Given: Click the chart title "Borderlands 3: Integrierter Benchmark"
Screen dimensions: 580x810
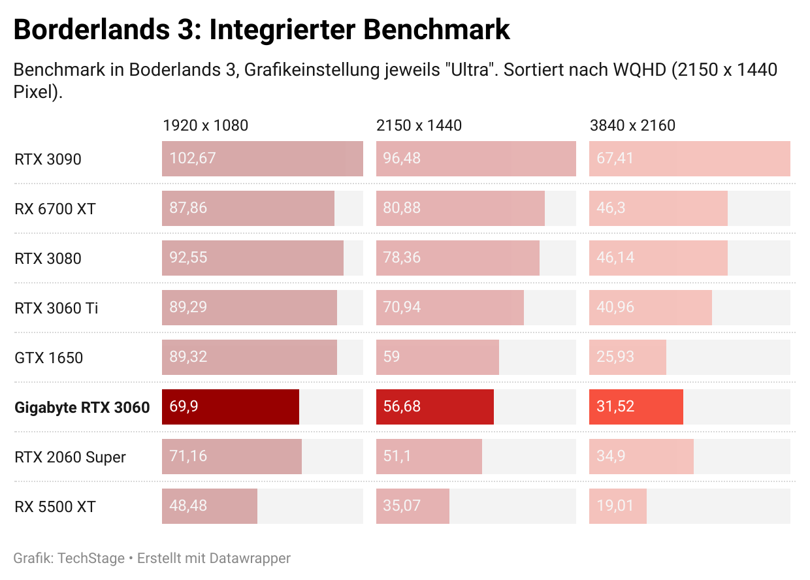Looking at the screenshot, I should point(261,30).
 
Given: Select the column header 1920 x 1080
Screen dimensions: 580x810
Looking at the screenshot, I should point(205,125).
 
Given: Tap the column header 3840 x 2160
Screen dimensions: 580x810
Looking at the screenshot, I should point(632,125).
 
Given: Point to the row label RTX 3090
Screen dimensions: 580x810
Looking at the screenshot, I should point(48,159).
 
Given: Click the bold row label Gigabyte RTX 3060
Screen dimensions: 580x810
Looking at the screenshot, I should point(82,408).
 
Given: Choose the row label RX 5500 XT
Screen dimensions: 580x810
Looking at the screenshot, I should point(55,507).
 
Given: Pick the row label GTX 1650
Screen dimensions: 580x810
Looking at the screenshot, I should point(48,358).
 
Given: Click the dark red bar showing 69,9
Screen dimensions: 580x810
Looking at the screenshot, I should point(231,407).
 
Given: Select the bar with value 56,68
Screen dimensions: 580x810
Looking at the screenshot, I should point(435,407).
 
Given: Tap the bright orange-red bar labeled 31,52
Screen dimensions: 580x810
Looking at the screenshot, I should point(636,407).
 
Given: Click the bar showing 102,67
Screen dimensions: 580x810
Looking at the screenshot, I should point(263,159).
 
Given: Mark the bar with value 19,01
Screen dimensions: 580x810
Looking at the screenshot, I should point(618,506).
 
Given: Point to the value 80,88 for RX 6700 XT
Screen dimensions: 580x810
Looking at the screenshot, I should point(402,208).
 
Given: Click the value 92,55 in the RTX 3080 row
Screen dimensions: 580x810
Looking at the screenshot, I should point(188,258).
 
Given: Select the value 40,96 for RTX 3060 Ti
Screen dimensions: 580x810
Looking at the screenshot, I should point(615,307).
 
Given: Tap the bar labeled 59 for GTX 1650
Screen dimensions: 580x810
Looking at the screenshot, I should point(438,357).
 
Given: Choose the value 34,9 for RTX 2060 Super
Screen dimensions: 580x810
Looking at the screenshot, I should point(611,456).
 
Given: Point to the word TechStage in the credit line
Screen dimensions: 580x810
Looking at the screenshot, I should point(91,558).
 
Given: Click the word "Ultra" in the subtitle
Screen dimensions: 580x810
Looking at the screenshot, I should point(470,70).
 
